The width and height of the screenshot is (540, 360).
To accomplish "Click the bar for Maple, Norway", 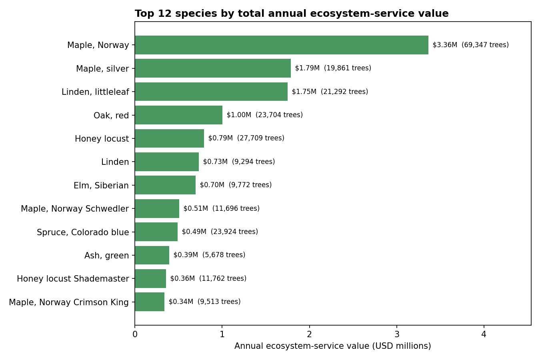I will point(281,45).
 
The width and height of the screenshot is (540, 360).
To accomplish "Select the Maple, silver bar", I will point(212,68).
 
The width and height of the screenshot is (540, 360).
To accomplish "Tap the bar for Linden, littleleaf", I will point(211,92).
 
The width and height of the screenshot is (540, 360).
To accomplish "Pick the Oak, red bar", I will point(178,115).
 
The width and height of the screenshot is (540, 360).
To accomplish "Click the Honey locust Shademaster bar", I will point(150,278).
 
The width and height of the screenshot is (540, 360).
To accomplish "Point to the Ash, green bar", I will point(152,255).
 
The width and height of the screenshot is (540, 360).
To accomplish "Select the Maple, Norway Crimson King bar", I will point(150,302).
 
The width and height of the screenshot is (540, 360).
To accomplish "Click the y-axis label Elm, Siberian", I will point(101,186).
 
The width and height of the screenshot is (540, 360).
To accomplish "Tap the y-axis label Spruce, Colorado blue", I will point(83,232).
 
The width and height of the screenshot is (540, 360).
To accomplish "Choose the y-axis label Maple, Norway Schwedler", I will point(75,209).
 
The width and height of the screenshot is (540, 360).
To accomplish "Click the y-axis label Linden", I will point(115,162).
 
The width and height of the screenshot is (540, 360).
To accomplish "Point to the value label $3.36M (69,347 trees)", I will point(470,45).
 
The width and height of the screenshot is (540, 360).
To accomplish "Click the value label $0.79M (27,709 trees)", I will point(246,138).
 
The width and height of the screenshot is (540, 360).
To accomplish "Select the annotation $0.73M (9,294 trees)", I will point(239,162).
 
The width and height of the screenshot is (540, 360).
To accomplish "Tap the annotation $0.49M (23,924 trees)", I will point(220,232).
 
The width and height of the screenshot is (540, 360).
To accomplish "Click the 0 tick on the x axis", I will point(135,334).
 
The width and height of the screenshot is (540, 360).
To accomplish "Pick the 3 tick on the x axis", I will point(396,334).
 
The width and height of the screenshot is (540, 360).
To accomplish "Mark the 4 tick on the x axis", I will point(484,334).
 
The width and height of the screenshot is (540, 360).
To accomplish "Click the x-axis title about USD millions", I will point(332,346).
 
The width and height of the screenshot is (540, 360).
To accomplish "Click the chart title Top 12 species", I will point(292,14).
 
